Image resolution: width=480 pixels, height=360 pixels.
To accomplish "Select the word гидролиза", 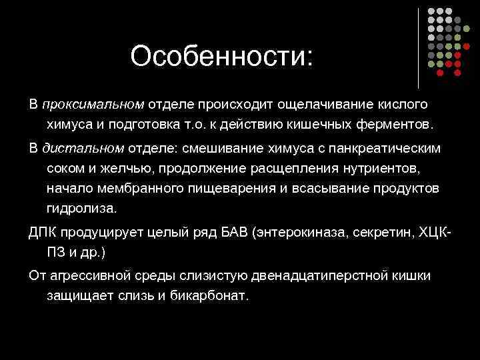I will click(81, 208).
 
